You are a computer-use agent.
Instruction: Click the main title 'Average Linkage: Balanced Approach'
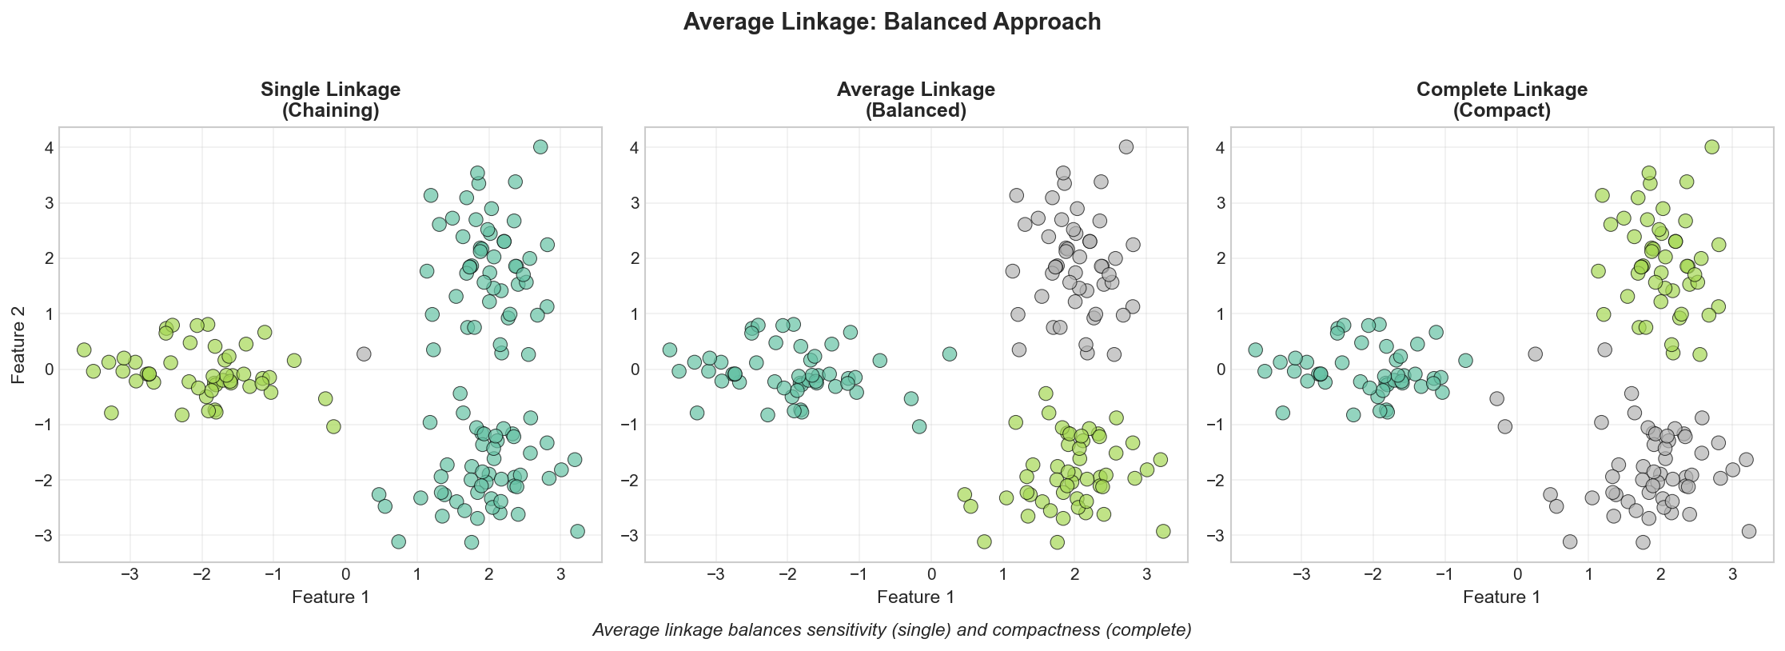click(892, 22)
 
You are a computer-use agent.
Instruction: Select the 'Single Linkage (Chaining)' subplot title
click(330, 100)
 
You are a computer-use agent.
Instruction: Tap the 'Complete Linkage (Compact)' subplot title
click(1501, 100)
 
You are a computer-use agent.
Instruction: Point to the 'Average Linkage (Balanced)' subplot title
click(915, 100)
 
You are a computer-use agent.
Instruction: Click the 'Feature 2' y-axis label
click(18, 345)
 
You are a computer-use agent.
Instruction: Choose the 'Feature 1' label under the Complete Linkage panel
click(1501, 597)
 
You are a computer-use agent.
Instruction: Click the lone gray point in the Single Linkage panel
click(364, 353)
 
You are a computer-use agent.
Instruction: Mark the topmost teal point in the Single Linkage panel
click(540, 147)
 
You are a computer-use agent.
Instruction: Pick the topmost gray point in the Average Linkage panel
click(1126, 147)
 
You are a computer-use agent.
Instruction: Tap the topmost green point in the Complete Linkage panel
click(1711, 147)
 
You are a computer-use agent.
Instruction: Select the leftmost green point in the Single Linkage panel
click(84, 350)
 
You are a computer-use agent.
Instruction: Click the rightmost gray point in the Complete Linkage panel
click(1749, 531)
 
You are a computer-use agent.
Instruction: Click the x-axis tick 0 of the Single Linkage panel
click(345, 573)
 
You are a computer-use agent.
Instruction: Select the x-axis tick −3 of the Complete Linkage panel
click(1299, 573)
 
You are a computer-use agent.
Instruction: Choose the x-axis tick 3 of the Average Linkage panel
click(1146, 573)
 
